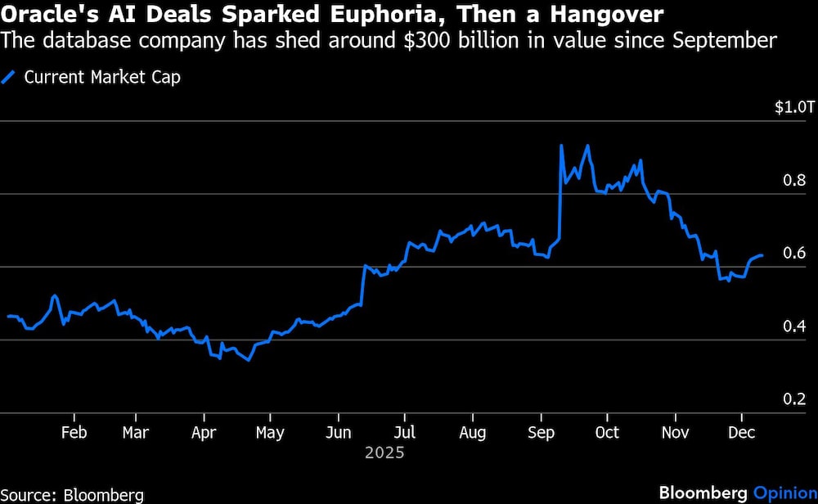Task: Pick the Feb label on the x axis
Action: [74, 433]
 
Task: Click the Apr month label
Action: [203, 433]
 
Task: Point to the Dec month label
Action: [743, 433]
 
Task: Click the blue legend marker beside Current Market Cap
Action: [10, 78]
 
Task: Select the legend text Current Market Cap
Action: [102, 78]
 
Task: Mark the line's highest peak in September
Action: [561, 146]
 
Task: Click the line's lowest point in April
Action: [248, 360]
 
